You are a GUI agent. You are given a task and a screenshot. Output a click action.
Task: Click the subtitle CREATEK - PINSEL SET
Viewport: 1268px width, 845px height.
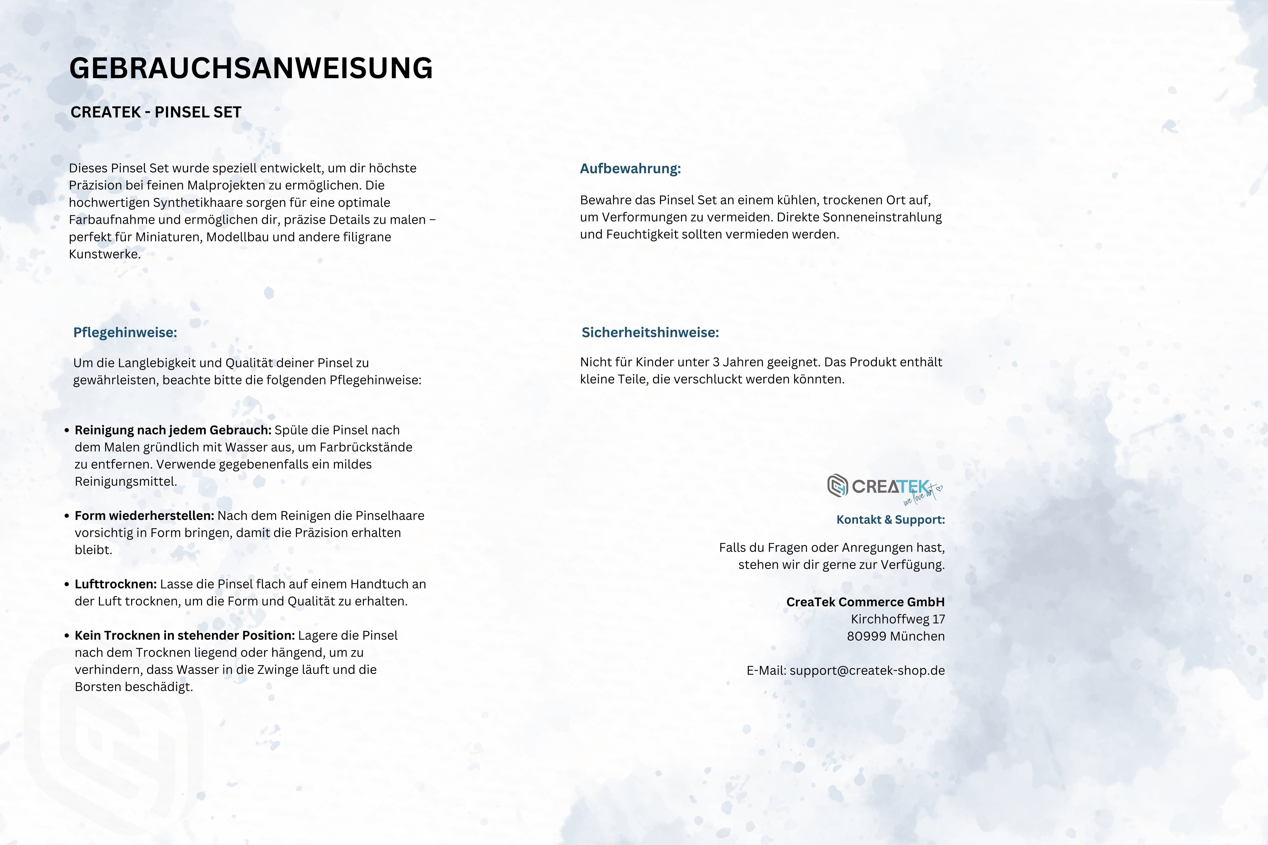pos(156,112)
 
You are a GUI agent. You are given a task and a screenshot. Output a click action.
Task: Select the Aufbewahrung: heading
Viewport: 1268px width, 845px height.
pos(630,169)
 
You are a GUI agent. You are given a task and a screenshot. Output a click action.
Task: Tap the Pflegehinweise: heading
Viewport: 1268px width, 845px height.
pos(125,332)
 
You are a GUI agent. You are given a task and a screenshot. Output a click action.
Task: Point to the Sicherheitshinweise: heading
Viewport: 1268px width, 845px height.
pos(650,332)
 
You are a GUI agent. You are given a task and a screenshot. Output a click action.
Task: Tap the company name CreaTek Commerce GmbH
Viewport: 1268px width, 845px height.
pos(865,602)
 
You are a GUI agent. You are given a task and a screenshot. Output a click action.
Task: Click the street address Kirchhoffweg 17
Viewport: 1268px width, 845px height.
pos(898,619)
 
